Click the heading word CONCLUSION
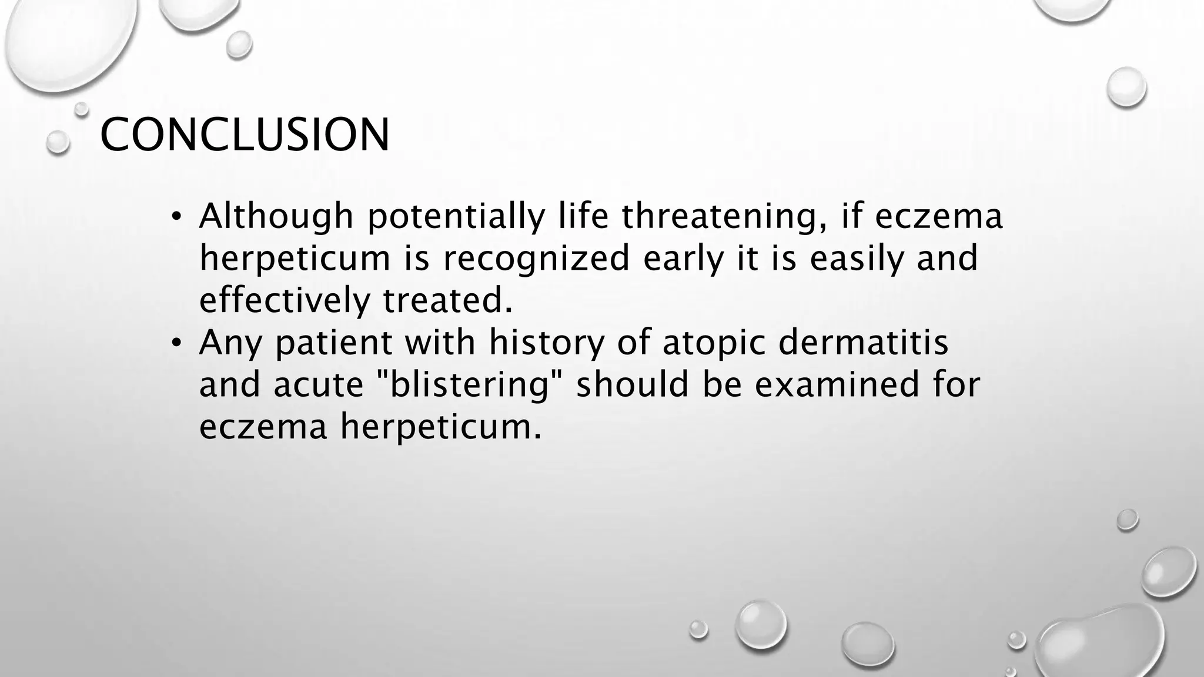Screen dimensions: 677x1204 click(245, 135)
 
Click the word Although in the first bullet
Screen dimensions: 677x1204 click(276, 216)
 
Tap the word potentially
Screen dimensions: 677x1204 click(456, 217)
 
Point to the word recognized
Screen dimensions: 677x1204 click(536, 259)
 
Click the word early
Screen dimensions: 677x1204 click(683, 259)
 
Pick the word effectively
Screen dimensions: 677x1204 click(285, 300)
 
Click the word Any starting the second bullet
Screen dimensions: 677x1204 click(230, 343)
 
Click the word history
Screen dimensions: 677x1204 click(546, 343)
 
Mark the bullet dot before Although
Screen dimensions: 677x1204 click(175, 217)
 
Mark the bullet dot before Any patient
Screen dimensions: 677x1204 click(175, 343)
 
